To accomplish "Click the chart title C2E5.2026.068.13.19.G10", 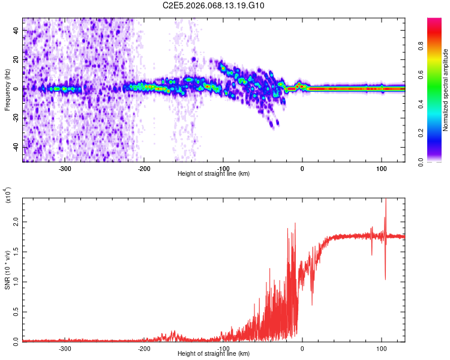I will (214, 6).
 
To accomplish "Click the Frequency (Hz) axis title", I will (7, 90).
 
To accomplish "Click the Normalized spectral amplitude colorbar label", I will (446, 90).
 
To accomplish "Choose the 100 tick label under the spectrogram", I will (382, 169).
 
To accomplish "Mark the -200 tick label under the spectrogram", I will (144, 169).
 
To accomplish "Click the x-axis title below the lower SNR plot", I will (214, 354).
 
